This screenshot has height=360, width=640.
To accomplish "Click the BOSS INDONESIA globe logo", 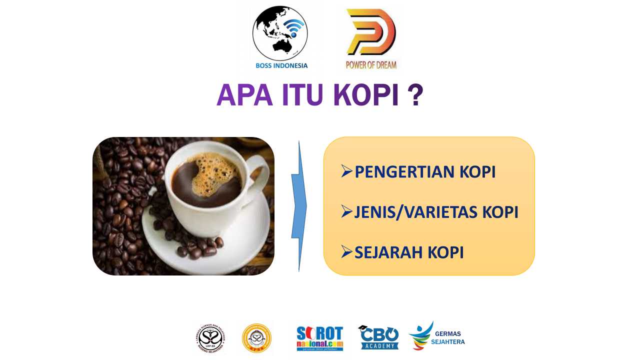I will point(280,34).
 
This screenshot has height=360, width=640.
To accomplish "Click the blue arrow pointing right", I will point(299,206).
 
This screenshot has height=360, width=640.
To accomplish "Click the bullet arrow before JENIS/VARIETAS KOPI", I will point(347,212).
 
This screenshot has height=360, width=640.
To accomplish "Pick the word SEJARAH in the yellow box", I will point(387,252).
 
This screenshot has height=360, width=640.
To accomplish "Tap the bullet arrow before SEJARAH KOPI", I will point(347,252).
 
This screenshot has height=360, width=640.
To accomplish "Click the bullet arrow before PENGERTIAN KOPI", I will point(347,171).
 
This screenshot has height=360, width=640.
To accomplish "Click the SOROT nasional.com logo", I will point(320,338).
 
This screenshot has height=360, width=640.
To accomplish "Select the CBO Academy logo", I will point(378,337).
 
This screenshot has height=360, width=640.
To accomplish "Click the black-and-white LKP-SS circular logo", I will point(210,338).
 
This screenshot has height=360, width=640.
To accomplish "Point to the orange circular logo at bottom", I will point(256,338).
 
